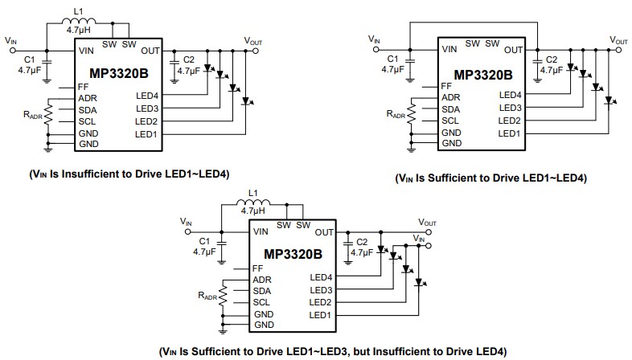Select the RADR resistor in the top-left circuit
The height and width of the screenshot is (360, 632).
tap(47, 115)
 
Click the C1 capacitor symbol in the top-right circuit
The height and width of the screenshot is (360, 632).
tap(409, 58)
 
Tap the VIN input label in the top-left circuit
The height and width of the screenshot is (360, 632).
tap(10, 39)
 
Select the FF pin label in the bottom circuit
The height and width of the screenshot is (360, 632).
tap(257, 268)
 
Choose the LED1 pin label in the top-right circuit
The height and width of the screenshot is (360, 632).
tap(510, 133)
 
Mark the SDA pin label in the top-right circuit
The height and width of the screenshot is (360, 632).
tap(450, 108)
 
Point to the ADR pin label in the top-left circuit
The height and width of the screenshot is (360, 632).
tap(88, 97)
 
